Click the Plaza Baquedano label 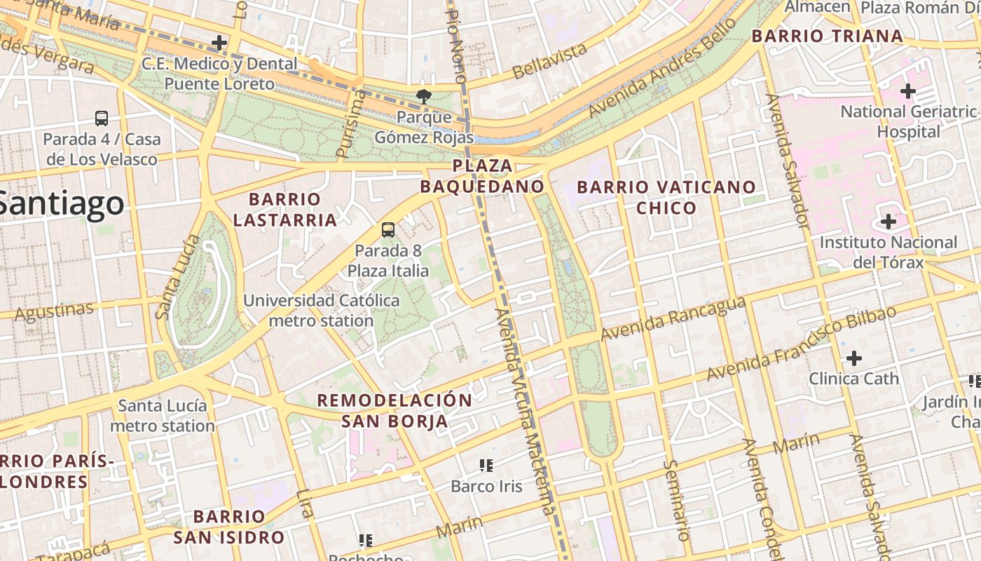pyautogui.click(x=482, y=176)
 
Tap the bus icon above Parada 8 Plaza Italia pyautogui.click(x=387, y=229)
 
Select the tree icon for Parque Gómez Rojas pyautogui.click(x=423, y=96)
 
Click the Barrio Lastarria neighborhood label pyautogui.click(x=284, y=210)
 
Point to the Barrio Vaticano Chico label pyautogui.click(x=666, y=197)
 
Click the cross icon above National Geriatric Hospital pyautogui.click(x=908, y=91)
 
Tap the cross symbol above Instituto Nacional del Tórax pyautogui.click(x=888, y=222)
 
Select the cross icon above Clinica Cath pyautogui.click(x=853, y=358)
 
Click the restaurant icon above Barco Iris pyautogui.click(x=486, y=465)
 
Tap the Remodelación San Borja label pyautogui.click(x=395, y=410)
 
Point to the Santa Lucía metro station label pyautogui.click(x=162, y=416)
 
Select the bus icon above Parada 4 pyautogui.click(x=102, y=119)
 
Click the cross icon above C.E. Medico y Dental pyautogui.click(x=219, y=43)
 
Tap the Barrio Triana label pyautogui.click(x=827, y=36)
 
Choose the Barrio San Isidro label pyautogui.click(x=229, y=527)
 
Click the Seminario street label pyautogui.click(x=678, y=499)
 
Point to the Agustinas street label pyautogui.click(x=53, y=312)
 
